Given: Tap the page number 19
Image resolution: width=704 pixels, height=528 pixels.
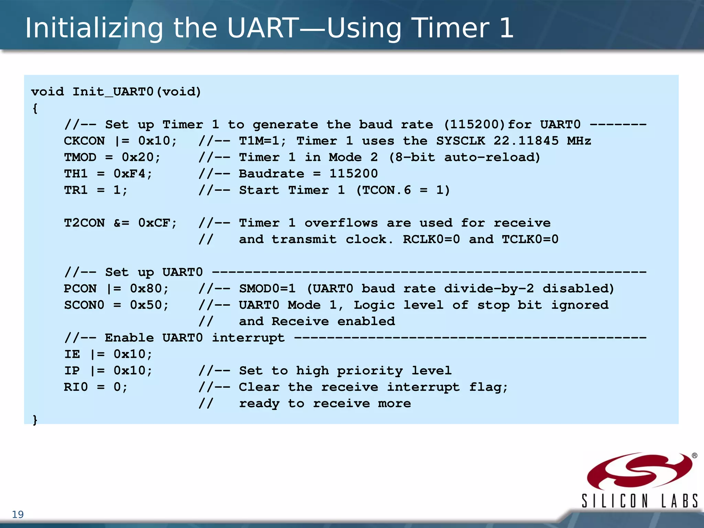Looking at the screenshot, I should [x=18, y=515].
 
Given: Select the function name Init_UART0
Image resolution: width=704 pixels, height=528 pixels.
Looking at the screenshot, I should [x=113, y=92].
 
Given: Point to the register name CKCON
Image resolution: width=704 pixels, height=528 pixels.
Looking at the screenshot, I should [x=84, y=141].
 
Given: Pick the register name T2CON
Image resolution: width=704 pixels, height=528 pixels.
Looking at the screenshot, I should [x=84, y=223].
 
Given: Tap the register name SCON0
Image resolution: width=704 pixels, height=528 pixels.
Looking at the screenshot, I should [x=84, y=305].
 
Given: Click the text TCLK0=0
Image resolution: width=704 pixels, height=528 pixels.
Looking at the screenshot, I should [x=530, y=239].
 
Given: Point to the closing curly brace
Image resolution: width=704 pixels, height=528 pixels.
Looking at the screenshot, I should [x=35, y=420].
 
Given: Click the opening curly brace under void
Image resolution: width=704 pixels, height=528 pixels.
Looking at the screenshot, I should [x=35, y=109].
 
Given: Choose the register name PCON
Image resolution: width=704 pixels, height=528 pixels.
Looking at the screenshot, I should [x=80, y=288].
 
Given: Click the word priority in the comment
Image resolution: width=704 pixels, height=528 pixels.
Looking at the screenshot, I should [x=370, y=371].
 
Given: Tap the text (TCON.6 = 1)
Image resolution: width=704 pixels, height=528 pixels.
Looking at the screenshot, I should [x=403, y=190].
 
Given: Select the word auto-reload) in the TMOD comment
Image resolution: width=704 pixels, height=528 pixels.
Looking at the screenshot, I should [x=492, y=157].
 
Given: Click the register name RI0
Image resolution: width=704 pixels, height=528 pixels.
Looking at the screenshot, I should [x=76, y=387].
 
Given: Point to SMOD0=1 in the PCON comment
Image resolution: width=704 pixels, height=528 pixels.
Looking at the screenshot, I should [x=267, y=288].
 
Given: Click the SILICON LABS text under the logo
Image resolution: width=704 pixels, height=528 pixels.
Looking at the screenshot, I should [x=639, y=500].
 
